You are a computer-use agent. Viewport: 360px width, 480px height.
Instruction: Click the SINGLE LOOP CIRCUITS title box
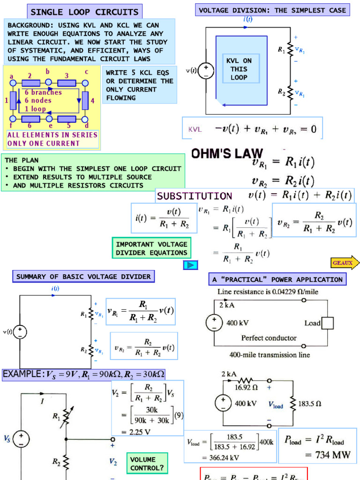tap(84, 12)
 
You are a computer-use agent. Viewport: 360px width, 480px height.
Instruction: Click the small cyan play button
tap(190, 265)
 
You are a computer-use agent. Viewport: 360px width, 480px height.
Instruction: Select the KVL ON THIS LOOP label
tap(239, 69)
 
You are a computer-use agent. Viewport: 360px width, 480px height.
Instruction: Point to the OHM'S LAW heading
tap(227, 154)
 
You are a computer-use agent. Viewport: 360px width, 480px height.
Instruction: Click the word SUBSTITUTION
tap(194, 196)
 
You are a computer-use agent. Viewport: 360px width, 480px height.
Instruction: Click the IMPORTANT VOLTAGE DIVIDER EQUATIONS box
tap(151, 248)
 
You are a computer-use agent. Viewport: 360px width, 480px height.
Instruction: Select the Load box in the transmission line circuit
tap(327, 323)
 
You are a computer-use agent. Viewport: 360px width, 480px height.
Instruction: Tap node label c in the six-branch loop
tap(86, 72)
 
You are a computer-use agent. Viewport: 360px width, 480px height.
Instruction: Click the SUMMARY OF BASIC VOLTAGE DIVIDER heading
tap(83, 277)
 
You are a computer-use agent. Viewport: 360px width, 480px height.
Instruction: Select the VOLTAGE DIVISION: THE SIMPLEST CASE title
tap(272, 10)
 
